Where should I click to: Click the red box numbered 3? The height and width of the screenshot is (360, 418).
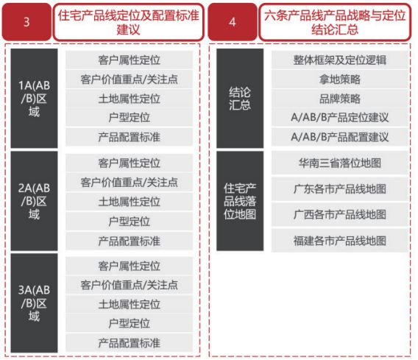coord(26,22)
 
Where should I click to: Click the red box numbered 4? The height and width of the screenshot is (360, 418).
coord(233,22)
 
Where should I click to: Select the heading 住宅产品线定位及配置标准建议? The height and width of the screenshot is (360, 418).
coord(128,22)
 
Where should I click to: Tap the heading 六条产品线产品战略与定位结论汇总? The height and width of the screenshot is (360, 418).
coord(335,22)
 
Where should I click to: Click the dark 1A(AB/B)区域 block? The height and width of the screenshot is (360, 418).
coord(34,98)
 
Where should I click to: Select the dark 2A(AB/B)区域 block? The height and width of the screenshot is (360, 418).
coord(34,201)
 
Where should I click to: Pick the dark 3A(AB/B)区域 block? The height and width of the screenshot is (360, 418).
coord(34,303)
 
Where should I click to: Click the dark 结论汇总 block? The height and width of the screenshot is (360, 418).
coord(240,98)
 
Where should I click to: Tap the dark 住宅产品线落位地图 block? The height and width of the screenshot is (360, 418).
coord(240,201)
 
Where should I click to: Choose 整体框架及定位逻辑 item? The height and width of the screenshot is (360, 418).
coord(340,60)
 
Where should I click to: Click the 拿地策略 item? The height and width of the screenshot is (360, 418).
coord(340,80)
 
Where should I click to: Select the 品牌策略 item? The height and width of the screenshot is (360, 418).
coord(340,99)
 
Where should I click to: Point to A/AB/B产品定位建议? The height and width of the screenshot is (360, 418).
coord(340,117)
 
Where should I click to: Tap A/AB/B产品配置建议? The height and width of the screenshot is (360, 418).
coord(340,137)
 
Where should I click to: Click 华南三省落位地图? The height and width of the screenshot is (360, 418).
coord(340,163)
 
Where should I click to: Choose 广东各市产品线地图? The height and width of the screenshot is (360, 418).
coord(340,188)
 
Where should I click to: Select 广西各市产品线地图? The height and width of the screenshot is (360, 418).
coord(340,214)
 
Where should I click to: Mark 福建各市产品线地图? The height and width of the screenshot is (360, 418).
coord(340,241)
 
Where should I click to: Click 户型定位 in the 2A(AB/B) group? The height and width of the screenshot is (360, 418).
coord(130,222)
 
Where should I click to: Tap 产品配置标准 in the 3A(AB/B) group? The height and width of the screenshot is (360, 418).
coord(130,342)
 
